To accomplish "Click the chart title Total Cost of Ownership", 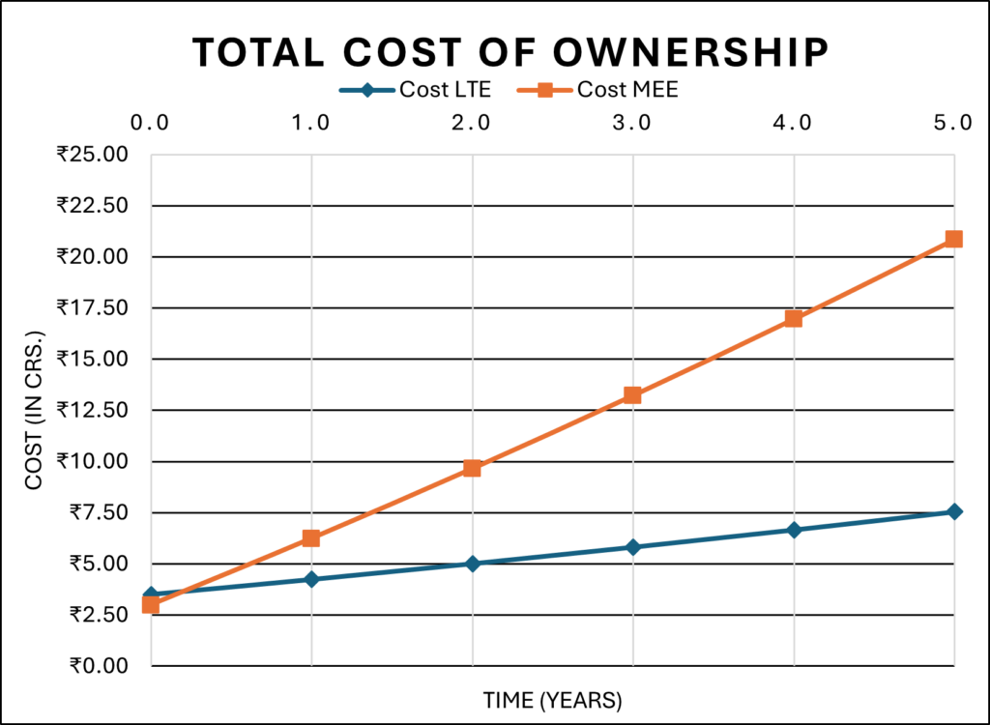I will [510, 52].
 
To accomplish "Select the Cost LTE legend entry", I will [415, 91].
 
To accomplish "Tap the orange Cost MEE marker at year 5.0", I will [953, 239].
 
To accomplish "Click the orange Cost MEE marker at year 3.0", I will [632, 394].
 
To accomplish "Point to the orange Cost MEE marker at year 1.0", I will [311, 537].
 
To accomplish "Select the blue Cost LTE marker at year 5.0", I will [953, 511].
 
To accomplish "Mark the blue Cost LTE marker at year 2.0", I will [472, 563].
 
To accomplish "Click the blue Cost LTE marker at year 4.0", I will [793, 530].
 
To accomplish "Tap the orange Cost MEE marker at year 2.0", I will [472, 468].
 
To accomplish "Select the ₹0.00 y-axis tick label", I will [97, 666].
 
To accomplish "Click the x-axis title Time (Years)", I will [553, 699].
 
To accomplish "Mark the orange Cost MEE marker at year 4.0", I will [793, 318].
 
